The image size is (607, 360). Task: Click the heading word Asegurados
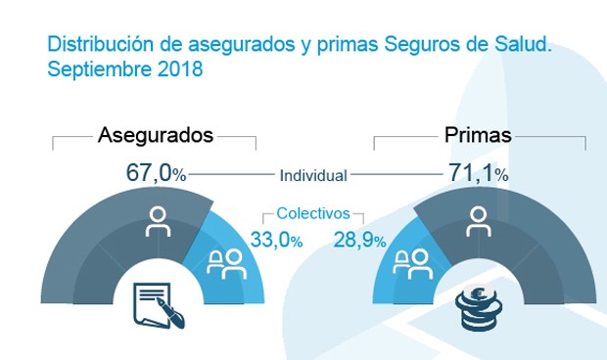[x=156, y=136]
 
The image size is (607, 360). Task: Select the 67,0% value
[x=156, y=174]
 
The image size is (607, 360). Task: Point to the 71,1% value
[x=473, y=174]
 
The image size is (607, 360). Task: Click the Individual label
[x=313, y=176]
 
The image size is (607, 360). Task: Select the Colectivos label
[x=313, y=212]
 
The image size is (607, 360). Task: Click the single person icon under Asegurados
[x=156, y=222]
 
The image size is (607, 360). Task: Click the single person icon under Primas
[x=477, y=222]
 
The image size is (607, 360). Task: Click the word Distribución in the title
[x=89, y=45]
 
